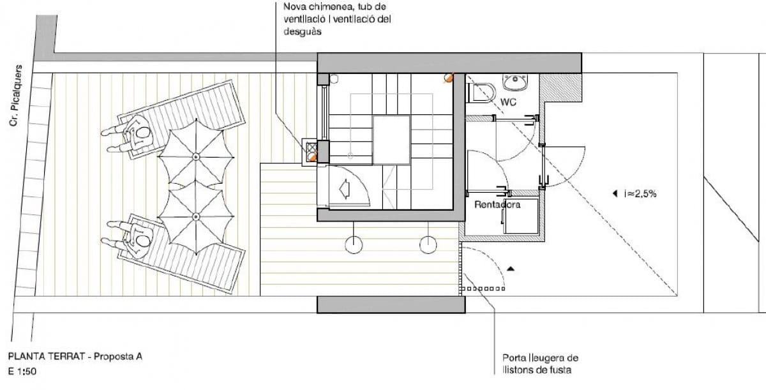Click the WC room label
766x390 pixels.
click(x=509, y=102)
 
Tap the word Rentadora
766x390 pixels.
click(x=497, y=205)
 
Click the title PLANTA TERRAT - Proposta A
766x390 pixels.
click(x=75, y=357)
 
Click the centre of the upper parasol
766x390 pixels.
click(x=196, y=156)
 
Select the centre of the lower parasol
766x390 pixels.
click(x=196, y=217)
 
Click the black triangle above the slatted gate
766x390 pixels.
click(x=509, y=269)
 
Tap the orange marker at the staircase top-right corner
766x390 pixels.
click(x=448, y=79)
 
